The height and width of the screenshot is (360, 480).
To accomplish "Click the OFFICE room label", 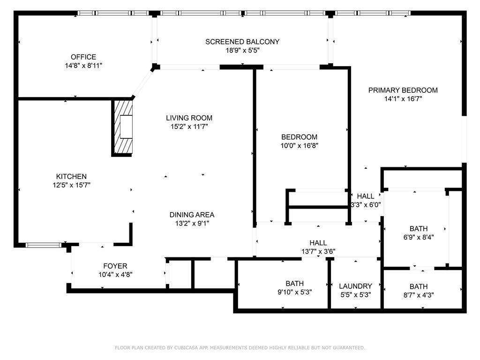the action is pos(83,57).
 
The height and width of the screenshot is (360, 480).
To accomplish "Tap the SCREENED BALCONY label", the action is pos(242,42).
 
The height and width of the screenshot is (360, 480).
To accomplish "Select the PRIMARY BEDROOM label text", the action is pos(403,90).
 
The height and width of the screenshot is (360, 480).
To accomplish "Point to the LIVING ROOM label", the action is pos(189,118).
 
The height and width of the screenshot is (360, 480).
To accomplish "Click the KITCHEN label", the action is pos(71,176).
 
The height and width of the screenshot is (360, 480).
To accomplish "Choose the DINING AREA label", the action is pos(192,215).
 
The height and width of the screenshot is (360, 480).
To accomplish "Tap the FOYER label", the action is pos(115,266).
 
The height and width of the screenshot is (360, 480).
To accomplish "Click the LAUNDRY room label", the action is pos(355,286).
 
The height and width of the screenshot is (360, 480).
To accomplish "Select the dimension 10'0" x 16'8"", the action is pos(300,146).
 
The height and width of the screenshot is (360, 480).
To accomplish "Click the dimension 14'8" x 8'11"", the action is pos(83,66).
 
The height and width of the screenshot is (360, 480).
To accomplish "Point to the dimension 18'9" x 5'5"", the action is pos(242,50).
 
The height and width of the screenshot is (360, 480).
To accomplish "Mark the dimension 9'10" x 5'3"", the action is pos(294,292).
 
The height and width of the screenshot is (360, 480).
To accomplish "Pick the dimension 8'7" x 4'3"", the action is pos(419,295).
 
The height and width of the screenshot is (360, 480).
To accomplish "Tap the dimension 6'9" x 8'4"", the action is pos(419,237).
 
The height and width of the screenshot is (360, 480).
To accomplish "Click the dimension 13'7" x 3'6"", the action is pos(318,252).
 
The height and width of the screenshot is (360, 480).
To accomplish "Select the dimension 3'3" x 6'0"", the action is pos(366,205).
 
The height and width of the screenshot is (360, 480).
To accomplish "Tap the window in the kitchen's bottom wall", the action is pos(44,245).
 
